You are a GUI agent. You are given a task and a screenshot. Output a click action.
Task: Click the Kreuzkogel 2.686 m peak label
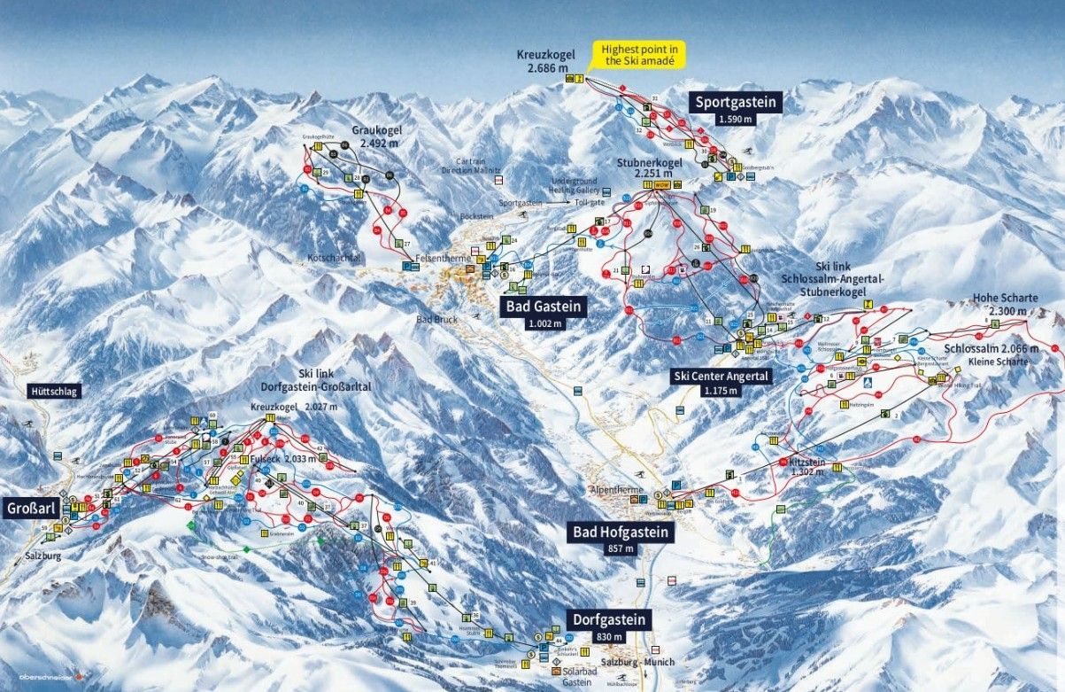546,59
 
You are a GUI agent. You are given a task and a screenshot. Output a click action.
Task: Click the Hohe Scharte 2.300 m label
1005,304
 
